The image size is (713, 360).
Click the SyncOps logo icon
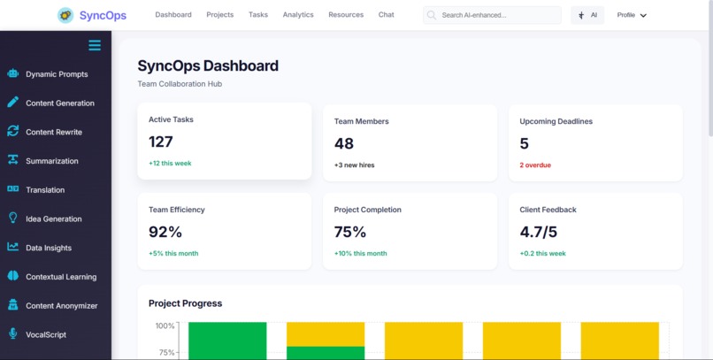[x=65, y=15]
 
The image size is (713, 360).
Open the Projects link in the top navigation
[x=219, y=15]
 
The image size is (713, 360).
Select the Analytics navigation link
[x=298, y=15]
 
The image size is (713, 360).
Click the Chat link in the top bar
[x=386, y=15]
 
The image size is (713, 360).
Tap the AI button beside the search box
[x=587, y=15]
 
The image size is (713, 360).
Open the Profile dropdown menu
[x=632, y=15]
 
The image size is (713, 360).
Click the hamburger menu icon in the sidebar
[x=95, y=45]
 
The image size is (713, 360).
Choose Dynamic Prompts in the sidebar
[x=57, y=74]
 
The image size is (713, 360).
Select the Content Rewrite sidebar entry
[x=53, y=132]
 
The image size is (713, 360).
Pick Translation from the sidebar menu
[x=45, y=189]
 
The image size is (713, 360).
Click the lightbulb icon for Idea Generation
[x=13, y=218]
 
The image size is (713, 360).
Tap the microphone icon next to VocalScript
[x=13, y=334]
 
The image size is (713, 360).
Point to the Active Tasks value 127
[x=161, y=142]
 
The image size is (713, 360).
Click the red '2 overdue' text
[x=534, y=164]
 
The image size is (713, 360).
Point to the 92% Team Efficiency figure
[x=165, y=232]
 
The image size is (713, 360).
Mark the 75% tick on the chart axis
[x=165, y=353]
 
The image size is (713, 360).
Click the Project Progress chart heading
[x=185, y=303]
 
